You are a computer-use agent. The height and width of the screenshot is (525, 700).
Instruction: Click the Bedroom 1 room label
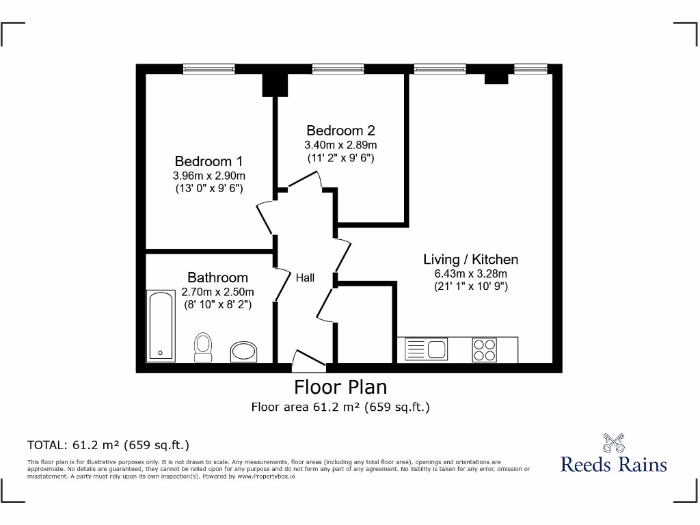[208, 161]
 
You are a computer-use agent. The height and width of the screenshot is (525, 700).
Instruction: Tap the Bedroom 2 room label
[340, 130]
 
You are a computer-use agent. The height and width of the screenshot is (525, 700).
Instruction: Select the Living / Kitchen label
[470, 259]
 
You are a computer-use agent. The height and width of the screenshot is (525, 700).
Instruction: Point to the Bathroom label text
[217, 278]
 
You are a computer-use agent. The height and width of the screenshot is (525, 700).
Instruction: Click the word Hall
[305, 278]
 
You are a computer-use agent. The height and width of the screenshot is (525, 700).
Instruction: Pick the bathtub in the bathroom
[161, 325]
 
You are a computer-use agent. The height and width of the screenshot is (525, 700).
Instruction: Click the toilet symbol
[203, 347]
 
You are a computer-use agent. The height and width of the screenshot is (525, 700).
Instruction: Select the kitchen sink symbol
[426, 350]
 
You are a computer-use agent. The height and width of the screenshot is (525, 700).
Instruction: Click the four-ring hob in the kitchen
[485, 350]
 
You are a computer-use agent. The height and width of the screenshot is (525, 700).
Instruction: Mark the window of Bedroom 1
[210, 68]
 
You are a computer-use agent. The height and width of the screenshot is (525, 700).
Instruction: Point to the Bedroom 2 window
[338, 68]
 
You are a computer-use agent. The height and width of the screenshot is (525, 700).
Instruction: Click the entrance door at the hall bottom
[308, 359]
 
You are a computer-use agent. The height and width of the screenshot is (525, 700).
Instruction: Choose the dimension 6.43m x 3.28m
[470, 274]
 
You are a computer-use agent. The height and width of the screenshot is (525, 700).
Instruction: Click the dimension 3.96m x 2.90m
[208, 176]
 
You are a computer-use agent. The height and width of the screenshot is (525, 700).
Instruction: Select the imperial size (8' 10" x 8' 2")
[217, 305]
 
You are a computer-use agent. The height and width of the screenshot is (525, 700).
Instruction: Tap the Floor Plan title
[340, 387]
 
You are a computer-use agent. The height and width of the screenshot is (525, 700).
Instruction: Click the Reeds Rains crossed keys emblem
[613, 442]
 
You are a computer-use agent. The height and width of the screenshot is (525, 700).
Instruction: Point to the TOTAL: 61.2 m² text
[108, 445]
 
